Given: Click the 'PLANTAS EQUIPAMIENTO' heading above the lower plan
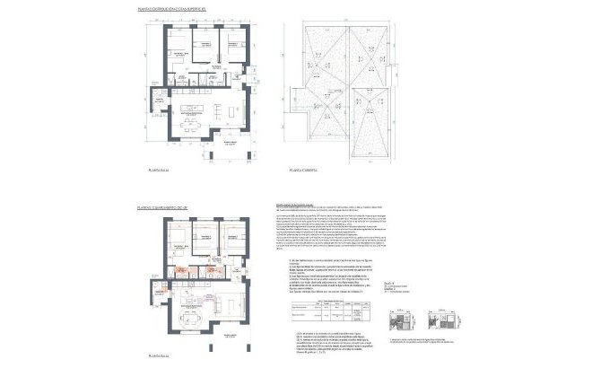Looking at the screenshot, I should pos(161,207).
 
